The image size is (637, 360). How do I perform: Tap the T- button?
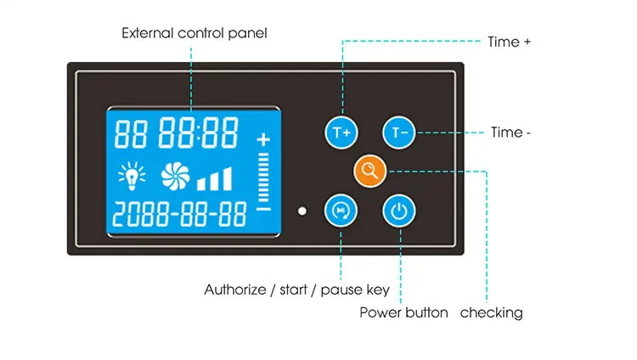pyautogui.click(x=397, y=132)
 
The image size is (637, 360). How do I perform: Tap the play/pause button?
pyautogui.click(x=341, y=210)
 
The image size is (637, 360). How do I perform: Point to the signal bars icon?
pyautogui.click(x=215, y=179)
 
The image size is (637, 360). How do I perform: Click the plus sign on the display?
pyautogui.click(x=263, y=139)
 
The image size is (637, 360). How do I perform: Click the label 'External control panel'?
pyautogui.click(x=194, y=34)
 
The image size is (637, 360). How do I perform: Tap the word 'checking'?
pyautogui.click(x=491, y=312)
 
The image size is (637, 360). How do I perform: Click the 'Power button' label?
pyautogui.click(x=403, y=312)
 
